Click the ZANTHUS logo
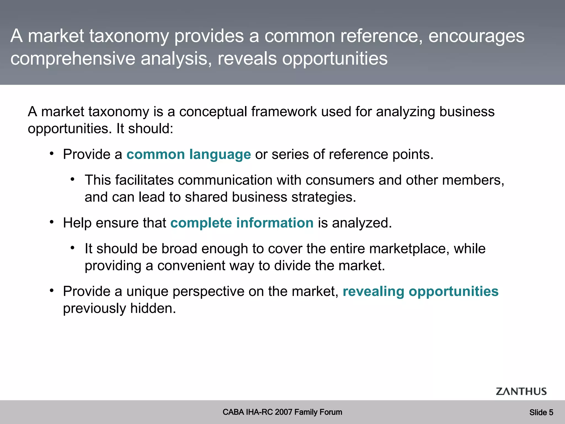click(x=521, y=391)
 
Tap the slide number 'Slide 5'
click(x=541, y=412)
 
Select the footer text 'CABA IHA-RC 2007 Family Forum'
click(x=282, y=412)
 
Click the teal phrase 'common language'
click(x=189, y=154)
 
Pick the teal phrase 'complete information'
click(x=242, y=223)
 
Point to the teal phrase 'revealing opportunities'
click(x=420, y=291)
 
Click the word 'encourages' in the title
click(x=476, y=36)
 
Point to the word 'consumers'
click(x=340, y=180)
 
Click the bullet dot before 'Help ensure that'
click(x=52, y=222)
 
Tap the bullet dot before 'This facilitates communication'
click(x=73, y=180)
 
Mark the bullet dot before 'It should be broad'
click(x=73, y=248)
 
